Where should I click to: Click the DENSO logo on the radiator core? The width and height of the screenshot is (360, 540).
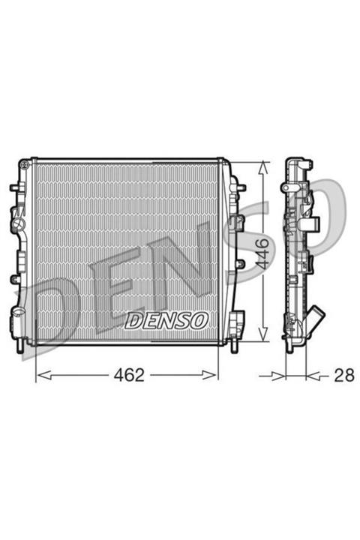(166, 321)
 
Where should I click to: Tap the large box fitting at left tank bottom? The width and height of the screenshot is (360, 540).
(17, 314)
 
